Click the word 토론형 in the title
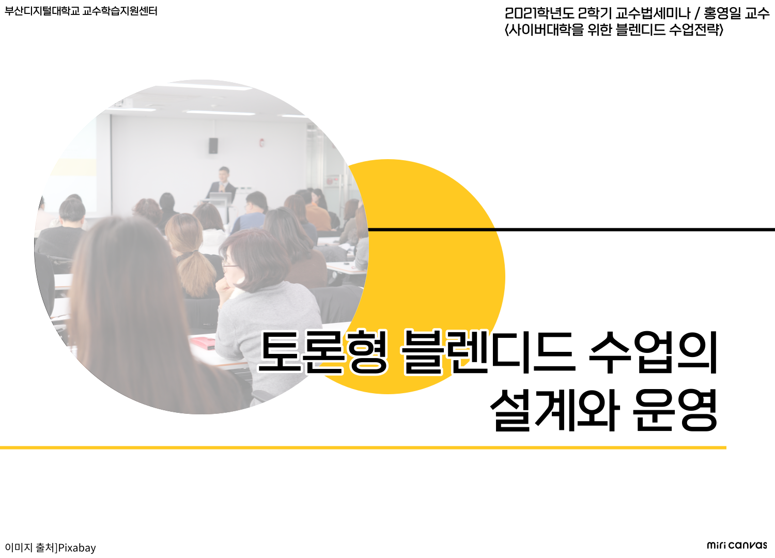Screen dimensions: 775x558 click(323, 352)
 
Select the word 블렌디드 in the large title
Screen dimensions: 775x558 click(488, 352)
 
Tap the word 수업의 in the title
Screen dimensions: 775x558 click(653, 352)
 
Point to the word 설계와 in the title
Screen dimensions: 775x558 click(555, 410)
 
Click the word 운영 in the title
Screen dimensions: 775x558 click(675, 410)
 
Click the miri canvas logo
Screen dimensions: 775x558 click(737, 545)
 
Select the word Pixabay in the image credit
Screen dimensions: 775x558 click(77, 548)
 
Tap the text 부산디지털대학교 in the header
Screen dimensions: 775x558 click(41, 11)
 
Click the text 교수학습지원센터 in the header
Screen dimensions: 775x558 click(120, 11)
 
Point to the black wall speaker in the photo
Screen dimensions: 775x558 click(213, 146)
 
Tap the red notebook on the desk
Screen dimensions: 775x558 click(203, 344)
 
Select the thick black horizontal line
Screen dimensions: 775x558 click(571, 229)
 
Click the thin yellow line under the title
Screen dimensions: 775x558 click(363, 447)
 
